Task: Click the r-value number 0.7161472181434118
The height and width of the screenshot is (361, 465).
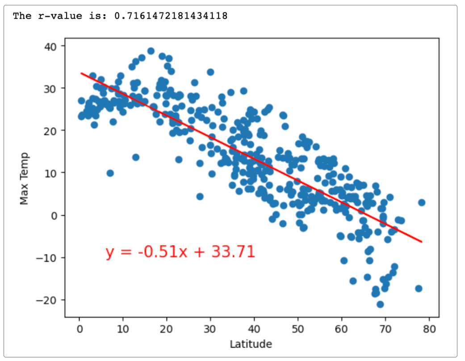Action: click(171, 16)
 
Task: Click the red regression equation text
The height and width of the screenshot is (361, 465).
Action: click(180, 252)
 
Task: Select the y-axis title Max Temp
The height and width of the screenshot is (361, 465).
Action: click(24, 179)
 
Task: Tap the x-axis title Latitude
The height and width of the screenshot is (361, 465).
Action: click(251, 344)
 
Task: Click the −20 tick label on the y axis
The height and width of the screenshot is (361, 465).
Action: click(50, 300)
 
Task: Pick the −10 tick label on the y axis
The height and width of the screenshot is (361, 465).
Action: click(50, 257)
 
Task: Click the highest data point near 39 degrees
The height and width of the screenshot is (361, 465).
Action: click(151, 51)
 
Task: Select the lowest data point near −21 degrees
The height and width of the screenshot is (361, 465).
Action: click(380, 304)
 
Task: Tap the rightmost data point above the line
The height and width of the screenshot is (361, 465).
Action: click(421, 202)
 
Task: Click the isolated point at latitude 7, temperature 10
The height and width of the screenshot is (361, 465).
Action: click(110, 173)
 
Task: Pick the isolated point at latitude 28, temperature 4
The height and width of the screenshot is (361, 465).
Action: click(200, 197)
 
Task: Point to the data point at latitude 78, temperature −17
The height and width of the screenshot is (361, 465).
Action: click(419, 288)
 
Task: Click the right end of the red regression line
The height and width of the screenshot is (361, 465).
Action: click(421, 242)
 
